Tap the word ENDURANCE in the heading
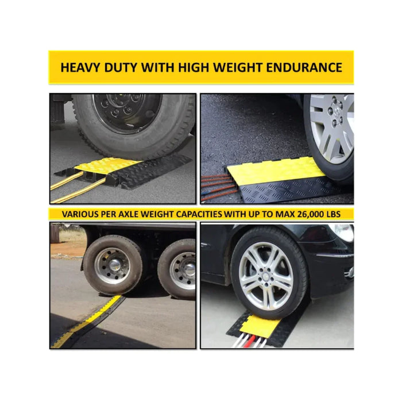(x=304, y=67)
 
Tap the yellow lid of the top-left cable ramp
(x=108, y=165)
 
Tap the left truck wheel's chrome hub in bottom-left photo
(x=115, y=265)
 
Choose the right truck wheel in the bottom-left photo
(x=177, y=269)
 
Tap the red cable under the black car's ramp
(x=249, y=341)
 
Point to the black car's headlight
(x=342, y=232)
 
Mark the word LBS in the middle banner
(x=333, y=214)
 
